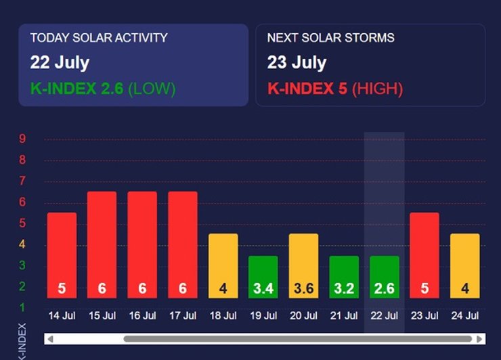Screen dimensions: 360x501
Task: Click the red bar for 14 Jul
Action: coord(62,255)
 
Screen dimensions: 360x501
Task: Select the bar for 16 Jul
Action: coord(142,244)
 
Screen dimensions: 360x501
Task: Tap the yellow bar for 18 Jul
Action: coord(223,265)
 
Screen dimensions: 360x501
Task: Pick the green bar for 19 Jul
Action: coord(263,277)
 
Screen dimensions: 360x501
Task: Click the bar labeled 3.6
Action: coord(303,265)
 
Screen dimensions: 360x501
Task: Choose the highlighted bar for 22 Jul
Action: coord(384,277)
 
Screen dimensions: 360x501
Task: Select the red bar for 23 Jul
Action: coord(424,255)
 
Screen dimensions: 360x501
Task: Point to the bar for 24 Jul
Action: coord(464,265)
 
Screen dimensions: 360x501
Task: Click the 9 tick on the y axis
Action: coord(22,139)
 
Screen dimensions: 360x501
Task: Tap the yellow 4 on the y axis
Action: coord(22,244)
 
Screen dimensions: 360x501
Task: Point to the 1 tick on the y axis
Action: coord(22,308)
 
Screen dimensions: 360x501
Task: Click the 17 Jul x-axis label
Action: coord(182,316)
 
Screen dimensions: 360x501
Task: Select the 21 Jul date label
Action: coord(343,316)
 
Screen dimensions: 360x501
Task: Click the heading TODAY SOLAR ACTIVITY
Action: coord(98,38)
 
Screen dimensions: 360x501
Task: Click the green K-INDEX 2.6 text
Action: coord(77,88)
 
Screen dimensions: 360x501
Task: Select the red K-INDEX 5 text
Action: coord(307,88)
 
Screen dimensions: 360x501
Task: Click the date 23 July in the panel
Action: coord(297,63)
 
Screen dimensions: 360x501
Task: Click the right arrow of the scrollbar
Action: coord(480,338)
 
